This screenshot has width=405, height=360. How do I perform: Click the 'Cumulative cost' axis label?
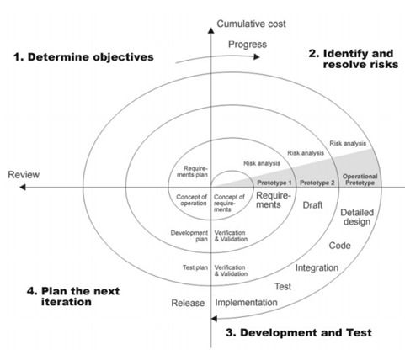[251, 24]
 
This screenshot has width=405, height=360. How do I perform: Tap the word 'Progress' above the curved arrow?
[248, 45]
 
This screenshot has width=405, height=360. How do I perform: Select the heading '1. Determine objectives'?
[83, 57]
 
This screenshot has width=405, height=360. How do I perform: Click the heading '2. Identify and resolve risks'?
[354, 59]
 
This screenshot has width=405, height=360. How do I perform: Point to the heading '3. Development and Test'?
[299, 332]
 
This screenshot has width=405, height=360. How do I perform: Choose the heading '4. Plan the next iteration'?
[73, 296]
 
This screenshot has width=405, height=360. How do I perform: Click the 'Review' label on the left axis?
[24, 175]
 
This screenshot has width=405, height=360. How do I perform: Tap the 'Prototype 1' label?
[274, 183]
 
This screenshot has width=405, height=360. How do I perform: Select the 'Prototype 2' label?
[317, 183]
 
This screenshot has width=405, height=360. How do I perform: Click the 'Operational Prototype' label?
[360, 179]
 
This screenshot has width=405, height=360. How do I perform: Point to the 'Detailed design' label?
[357, 217]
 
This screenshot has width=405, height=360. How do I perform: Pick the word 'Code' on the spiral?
[339, 246]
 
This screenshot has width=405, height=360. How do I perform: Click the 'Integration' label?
[317, 267]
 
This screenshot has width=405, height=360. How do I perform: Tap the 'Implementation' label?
[246, 303]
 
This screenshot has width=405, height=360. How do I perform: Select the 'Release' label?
[188, 303]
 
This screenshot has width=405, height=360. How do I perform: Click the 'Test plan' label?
[195, 267]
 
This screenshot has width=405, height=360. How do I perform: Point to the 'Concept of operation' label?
[191, 200]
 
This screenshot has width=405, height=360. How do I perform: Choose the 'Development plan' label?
[189, 236]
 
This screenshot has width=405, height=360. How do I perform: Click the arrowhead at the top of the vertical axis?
[210, 30]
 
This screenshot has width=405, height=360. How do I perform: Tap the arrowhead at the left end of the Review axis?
[23, 187]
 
